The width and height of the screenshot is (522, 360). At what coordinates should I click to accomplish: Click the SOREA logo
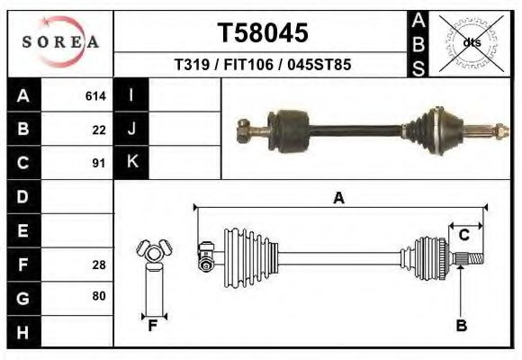tap(59, 42)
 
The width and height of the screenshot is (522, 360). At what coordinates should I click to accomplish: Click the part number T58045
tap(262, 32)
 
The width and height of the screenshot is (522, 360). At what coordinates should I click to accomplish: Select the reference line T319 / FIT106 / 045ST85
tap(262, 65)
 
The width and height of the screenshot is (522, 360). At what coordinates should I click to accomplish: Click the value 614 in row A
tap(95, 95)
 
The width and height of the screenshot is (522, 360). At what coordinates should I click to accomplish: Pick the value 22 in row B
tap(99, 129)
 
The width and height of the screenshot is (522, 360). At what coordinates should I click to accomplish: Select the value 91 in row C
tap(99, 163)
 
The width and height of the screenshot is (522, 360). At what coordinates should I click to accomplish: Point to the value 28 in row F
tap(99, 264)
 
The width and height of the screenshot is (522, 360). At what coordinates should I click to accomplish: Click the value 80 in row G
tap(99, 296)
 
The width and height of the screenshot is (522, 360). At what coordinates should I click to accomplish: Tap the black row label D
tap(23, 196)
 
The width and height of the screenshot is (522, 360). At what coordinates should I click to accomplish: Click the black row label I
tap(131, 95)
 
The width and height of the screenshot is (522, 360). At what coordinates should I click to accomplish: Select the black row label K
tap(131, 162)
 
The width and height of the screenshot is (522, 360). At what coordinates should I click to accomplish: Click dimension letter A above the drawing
tap(338, 198)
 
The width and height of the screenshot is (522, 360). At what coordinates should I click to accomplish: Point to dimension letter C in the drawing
tap(463, 235)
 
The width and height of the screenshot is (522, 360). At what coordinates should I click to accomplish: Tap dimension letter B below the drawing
tap(461, 326)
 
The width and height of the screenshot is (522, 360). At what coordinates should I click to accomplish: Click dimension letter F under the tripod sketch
tap(153, 326)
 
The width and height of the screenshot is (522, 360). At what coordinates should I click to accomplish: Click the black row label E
tap(23, 230)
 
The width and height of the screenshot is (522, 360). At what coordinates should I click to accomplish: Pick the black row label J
tap(131, 129)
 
